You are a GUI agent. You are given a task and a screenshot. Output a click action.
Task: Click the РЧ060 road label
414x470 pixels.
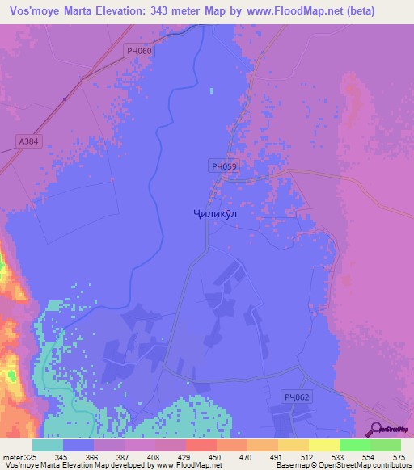[140, 51]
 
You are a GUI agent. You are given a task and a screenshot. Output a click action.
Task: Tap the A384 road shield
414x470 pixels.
[28, 141]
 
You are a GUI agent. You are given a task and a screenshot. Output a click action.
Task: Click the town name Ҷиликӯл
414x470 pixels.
[216, 216]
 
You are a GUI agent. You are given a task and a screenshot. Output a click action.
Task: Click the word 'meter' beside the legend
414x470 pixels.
[11, 456]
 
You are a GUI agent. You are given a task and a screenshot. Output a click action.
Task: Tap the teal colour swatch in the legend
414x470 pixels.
[48, 445]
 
